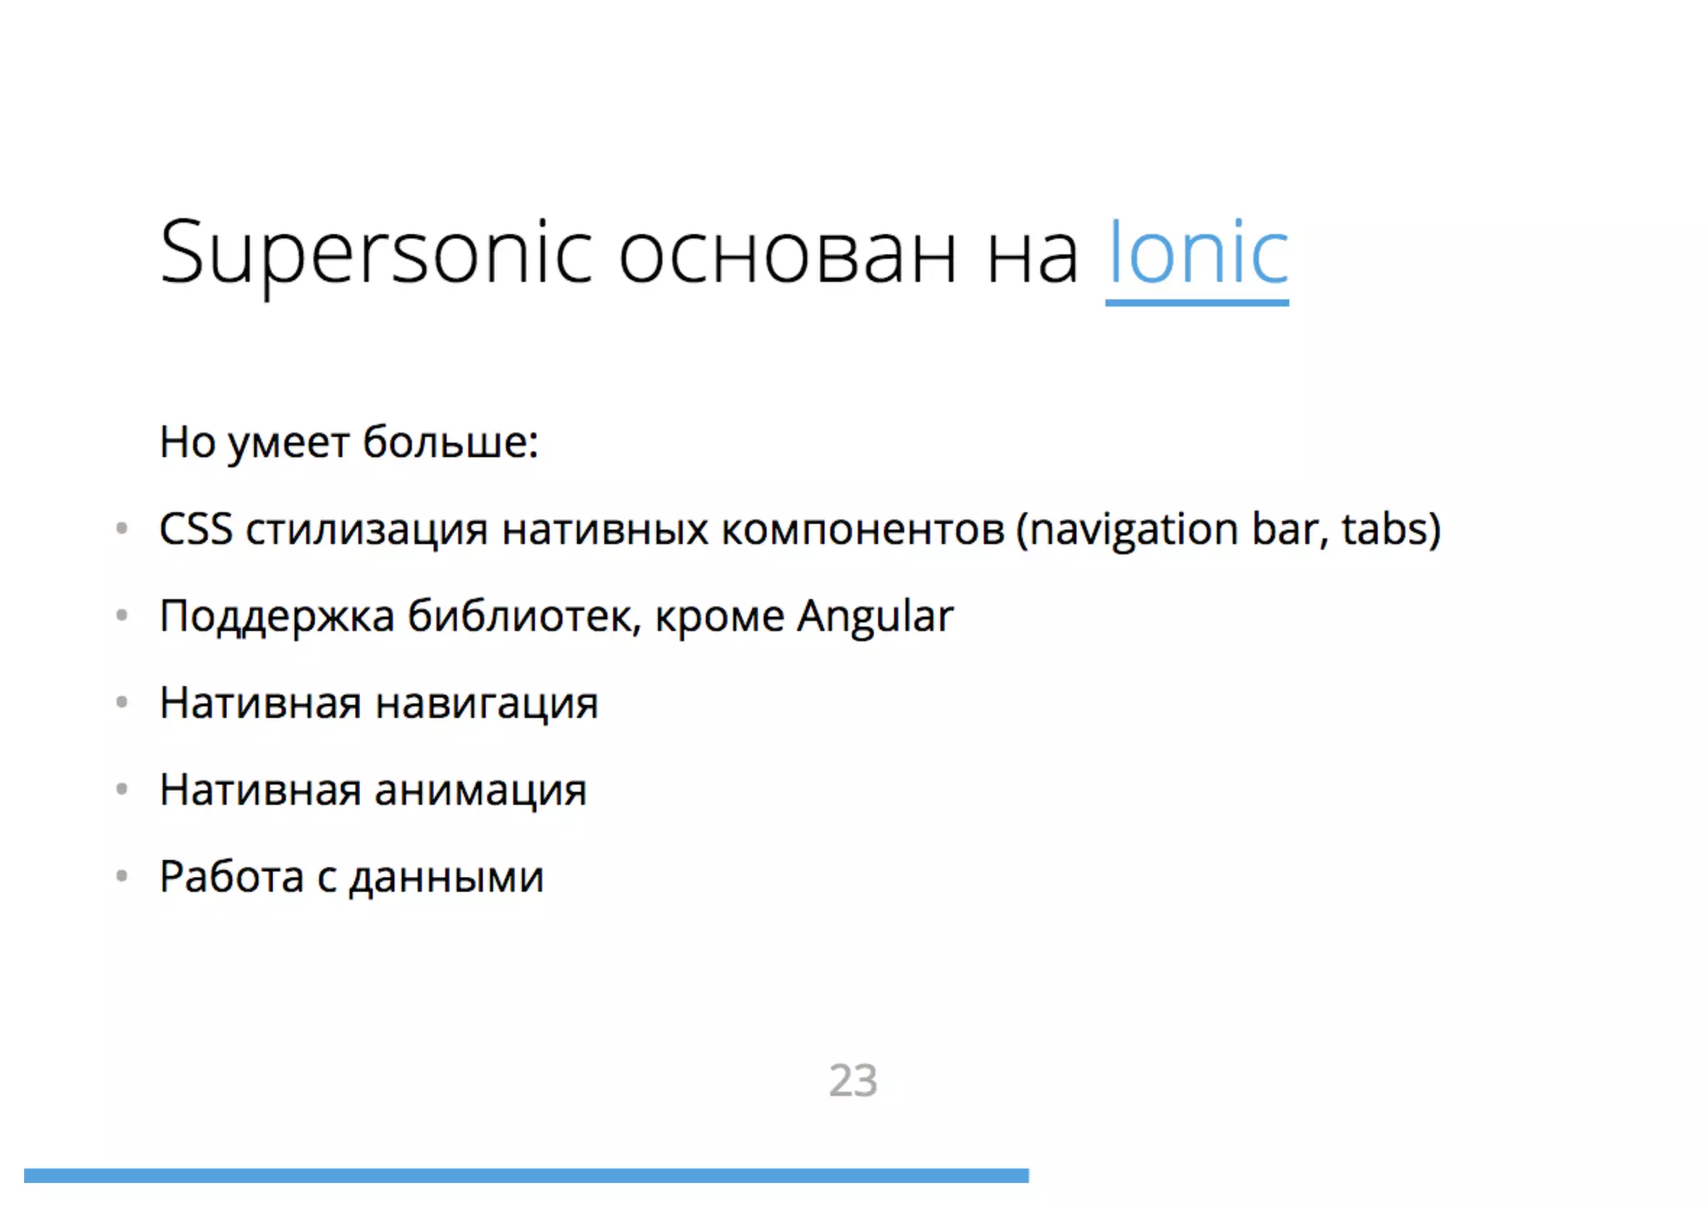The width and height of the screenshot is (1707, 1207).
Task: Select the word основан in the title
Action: coord(787,254)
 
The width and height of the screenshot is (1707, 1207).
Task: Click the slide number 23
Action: coord(853,1080)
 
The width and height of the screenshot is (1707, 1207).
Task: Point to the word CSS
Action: coord(196,529)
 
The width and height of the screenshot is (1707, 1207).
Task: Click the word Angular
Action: coord(874,617)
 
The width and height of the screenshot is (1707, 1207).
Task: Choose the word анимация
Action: coord(480,791)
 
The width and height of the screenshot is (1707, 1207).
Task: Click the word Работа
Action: coord(232,877)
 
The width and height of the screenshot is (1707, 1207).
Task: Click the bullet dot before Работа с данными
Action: coord(122,876)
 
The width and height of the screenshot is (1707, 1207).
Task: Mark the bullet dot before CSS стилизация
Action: coord(122,528)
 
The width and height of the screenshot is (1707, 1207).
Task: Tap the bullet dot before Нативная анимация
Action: coord(122,789)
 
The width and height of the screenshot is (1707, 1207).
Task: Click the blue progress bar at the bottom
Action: coord(526,1175)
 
